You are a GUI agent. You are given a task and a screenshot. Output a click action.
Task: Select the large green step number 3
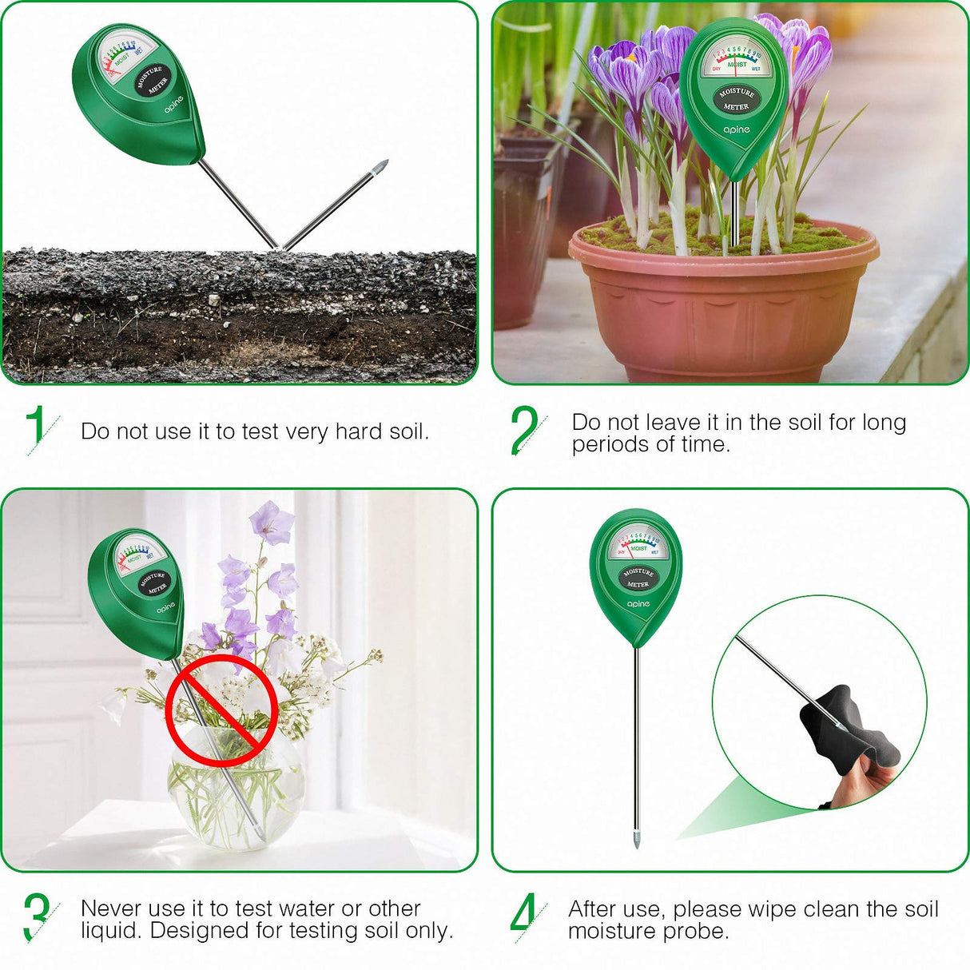coord(36,916)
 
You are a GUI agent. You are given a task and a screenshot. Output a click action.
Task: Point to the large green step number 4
coord(523,912)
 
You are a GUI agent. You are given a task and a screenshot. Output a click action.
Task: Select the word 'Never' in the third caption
coord(111,908)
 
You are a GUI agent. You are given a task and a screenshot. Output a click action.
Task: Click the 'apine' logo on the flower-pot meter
coord(737,129)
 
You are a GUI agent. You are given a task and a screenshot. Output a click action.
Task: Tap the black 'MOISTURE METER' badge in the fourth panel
coord(638,578)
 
